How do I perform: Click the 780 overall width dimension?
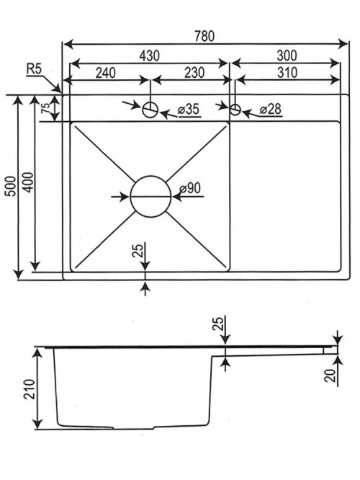204,36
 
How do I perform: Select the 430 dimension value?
150,55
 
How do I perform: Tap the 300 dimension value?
287,55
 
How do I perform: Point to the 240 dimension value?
106,73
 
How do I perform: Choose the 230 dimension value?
194,73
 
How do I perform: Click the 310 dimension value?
287,73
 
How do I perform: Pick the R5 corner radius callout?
34,69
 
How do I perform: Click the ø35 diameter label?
189,110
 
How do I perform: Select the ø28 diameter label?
271,110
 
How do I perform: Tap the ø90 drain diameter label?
190,187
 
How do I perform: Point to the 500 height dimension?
11,186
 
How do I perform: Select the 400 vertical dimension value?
28,182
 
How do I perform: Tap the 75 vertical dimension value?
45,108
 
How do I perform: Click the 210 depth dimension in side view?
30,389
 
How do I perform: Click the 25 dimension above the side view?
218,324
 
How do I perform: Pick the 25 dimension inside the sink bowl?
138,250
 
